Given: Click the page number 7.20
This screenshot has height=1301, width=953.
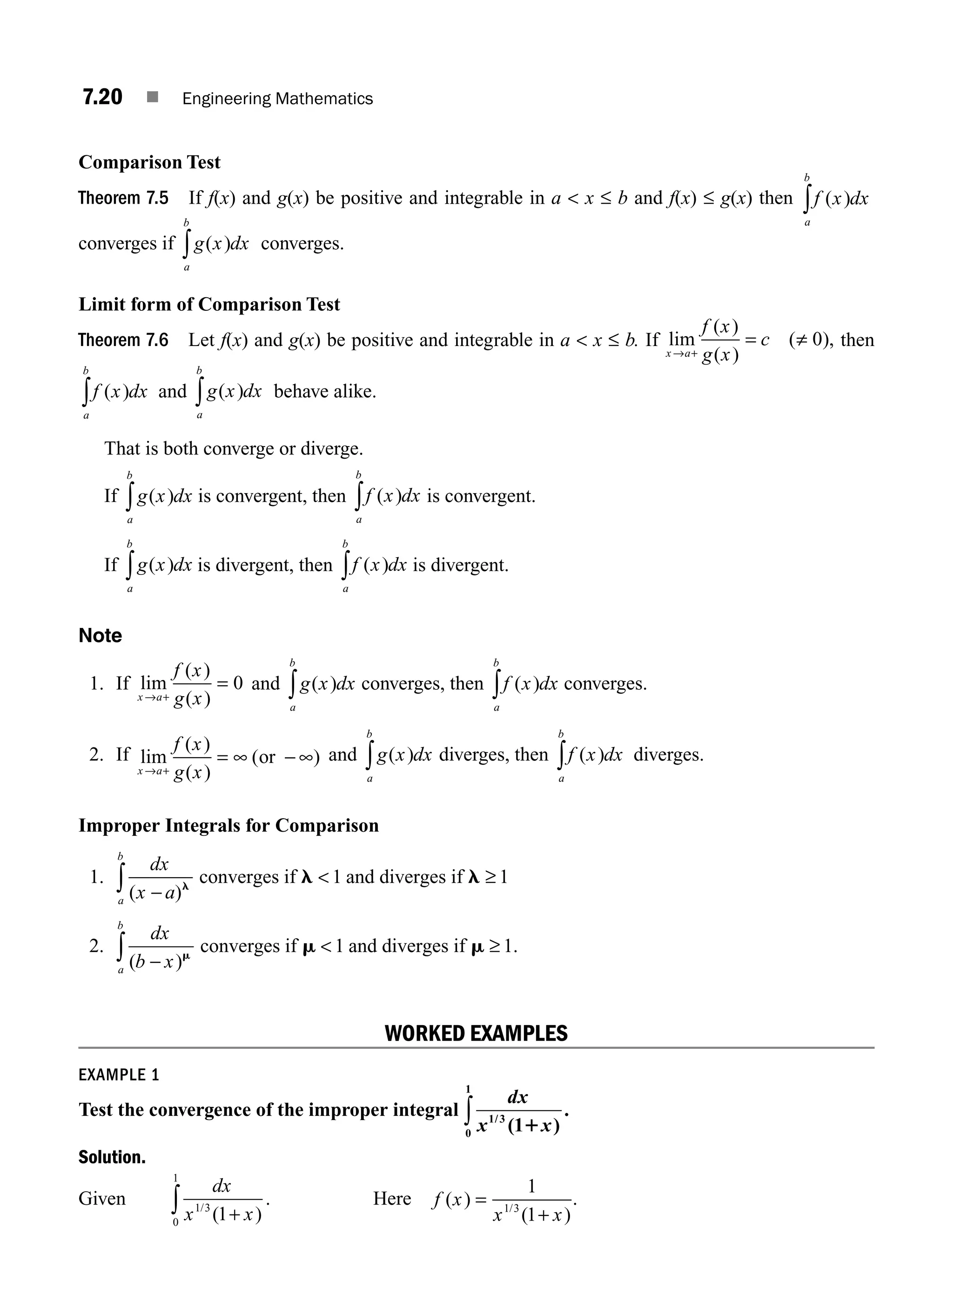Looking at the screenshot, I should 102,97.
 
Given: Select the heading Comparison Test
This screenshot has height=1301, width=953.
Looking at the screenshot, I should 149,162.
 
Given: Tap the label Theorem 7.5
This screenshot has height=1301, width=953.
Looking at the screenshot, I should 123,198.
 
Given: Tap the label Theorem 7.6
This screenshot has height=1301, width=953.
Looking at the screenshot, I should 123,340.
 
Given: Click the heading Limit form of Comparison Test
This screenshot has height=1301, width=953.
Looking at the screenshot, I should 209,305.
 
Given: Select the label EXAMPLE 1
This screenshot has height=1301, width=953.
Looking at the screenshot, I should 118,1075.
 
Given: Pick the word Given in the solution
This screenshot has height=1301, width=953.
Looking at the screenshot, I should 101,1199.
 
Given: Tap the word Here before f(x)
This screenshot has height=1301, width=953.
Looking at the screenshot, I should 392,1199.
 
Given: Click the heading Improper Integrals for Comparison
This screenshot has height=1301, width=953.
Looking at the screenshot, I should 228,825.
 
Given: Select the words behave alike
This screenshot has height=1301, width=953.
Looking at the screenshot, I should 325,392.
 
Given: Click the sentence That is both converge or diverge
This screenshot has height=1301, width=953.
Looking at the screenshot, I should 234,449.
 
